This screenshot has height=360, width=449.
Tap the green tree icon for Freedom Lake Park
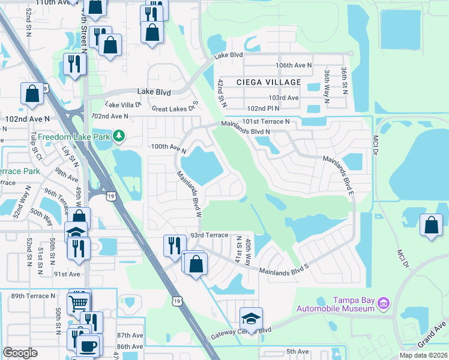(119, 136)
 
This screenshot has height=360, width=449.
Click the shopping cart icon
(78, 303)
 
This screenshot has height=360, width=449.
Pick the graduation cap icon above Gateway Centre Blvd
(252, 318)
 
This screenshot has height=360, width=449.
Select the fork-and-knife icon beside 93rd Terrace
(174, 244)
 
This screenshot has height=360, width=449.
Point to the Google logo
(20, 353)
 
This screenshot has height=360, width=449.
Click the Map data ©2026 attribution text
(423, 355)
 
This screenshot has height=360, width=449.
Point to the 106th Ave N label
(294, 65)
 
